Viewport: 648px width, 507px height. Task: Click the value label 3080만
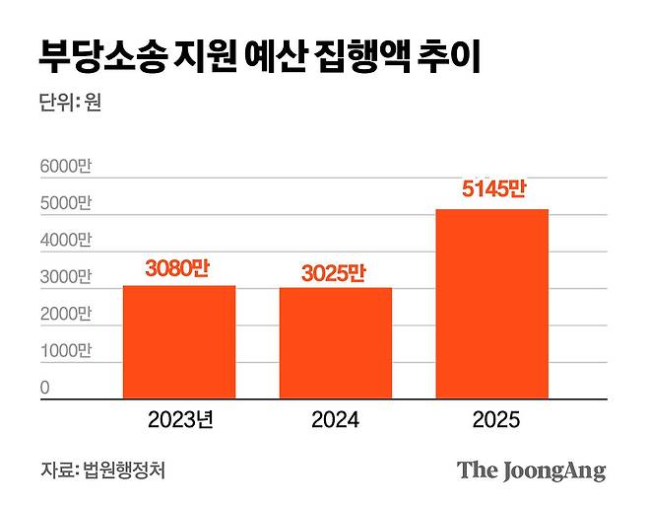tap(178, 269)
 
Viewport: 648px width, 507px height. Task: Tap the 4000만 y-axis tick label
tap(65, 241)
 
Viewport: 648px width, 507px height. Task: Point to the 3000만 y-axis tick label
tap(65, 277)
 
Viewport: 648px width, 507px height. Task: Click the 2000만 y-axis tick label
tap(65, 315)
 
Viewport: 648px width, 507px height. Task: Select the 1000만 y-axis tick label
tap(65, 351)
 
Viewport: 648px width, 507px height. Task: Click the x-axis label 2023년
tap(180, 421)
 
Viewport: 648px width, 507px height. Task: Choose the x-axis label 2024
tap(335, 421)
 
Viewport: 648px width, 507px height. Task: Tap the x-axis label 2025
tap(491, 421)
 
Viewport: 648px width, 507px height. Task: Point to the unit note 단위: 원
tap(71, 103)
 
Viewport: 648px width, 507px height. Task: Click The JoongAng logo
tap(531, 471)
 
